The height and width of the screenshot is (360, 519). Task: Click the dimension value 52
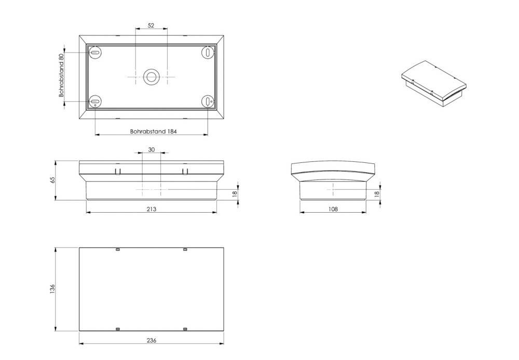click(151, 25)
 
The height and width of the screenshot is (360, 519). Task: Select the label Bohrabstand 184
click(153, 132)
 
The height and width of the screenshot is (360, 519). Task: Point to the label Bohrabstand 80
click(61, 75)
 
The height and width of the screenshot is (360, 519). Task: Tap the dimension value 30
click(151, 149)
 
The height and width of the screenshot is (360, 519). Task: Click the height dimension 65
click(52, 180)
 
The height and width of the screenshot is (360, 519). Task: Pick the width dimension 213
click(151, 209)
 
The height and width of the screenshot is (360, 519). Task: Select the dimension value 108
click(333, 209)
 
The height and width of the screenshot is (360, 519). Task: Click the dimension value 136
click(52, 289)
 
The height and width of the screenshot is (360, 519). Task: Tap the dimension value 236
click(151, 340)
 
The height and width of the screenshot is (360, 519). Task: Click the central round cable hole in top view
click(151, 77)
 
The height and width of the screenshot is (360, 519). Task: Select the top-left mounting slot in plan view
click(95, 52)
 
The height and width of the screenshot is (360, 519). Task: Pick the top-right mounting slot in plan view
click(207, 52)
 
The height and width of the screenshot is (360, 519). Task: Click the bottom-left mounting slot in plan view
click(95, 102)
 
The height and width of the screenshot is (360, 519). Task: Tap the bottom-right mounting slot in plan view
click(207, 102)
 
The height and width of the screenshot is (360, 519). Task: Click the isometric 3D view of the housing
click(433, 84)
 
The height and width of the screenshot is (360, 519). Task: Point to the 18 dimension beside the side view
click(377, 193)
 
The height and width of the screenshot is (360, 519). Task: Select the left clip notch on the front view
click(118, 171)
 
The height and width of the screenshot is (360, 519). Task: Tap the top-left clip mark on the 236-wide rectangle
click(117, 250)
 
